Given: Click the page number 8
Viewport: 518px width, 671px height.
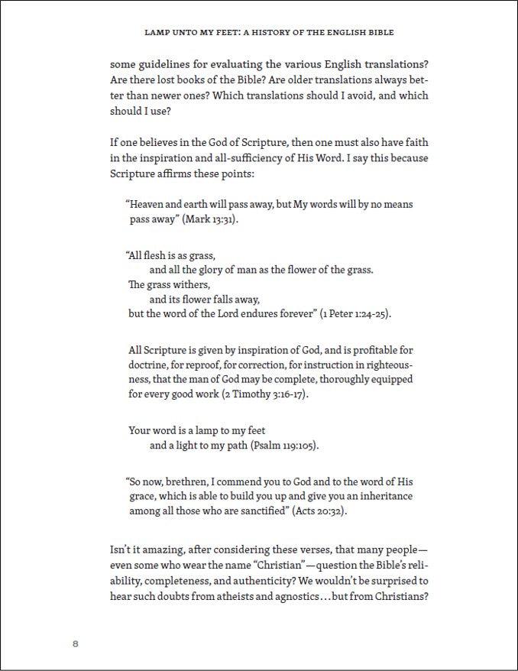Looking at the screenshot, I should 76,643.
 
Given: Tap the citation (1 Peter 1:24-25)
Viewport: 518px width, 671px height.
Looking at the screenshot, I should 355,314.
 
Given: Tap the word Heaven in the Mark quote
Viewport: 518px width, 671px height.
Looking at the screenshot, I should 150,204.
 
